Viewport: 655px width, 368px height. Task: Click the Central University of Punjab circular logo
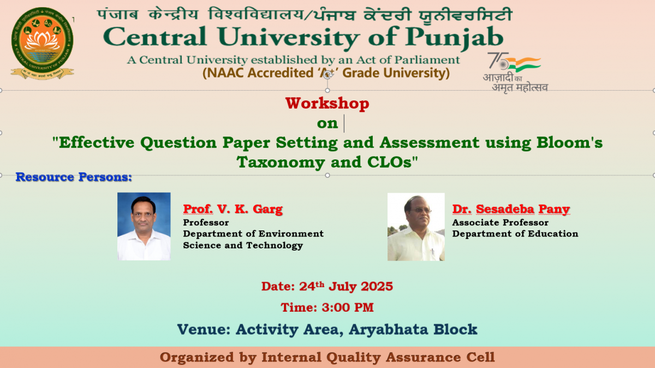[x=43, y=43]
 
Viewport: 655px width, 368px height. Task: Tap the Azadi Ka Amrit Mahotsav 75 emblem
[x=515, y=72]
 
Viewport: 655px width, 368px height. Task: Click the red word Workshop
[x=327, y=104]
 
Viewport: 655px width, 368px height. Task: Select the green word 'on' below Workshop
[x=327, y=123]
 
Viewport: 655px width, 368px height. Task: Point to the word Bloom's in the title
[x=569, y=143]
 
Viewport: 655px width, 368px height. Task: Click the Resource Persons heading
[x=74, y=177]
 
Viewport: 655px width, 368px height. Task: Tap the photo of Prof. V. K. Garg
[x=144, y=226]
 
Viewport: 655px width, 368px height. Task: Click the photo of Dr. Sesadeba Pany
[x=416, y=227]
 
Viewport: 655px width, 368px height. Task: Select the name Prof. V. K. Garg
[x=233, y=209]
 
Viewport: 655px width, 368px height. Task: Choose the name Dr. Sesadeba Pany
[x=511, y=209]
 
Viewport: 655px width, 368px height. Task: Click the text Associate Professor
[x=501, y=223]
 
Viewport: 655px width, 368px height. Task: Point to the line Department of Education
[x=515, y=234]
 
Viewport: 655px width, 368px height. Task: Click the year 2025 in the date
[x=377, y=287]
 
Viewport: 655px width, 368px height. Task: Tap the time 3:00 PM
[x=348, y=307]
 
